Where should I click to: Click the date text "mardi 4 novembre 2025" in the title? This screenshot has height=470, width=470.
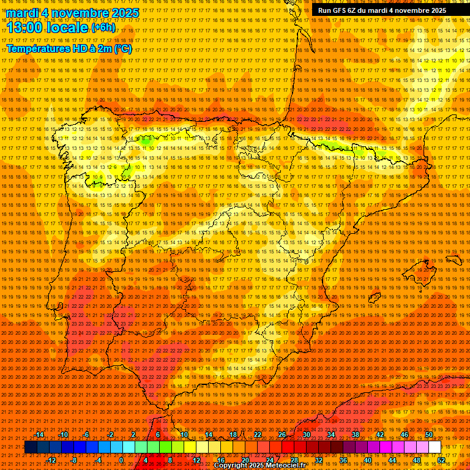tap(72, 13)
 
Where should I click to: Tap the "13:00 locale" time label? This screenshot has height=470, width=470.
tap(48, 28)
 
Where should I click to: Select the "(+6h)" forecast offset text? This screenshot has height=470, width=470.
tap(105, 28)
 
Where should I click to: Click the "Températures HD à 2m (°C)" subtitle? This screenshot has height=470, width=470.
tap(69, 48)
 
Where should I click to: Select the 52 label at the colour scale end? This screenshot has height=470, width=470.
tap(441, 460)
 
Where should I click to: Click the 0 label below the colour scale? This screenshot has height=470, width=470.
tap(122, 460)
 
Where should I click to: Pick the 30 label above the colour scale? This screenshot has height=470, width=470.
tap(306, 435)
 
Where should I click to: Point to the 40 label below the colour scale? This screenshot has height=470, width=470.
tap(367, 460)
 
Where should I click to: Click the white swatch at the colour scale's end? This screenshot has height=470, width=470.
tap(435, 447)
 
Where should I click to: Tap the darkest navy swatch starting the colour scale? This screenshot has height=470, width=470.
tap(31, 447)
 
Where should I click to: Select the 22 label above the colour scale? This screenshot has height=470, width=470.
tap(257, 435)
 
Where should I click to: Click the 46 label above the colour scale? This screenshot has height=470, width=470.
tap(404, 435)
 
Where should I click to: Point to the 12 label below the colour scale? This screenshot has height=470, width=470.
tap(196, 460)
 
